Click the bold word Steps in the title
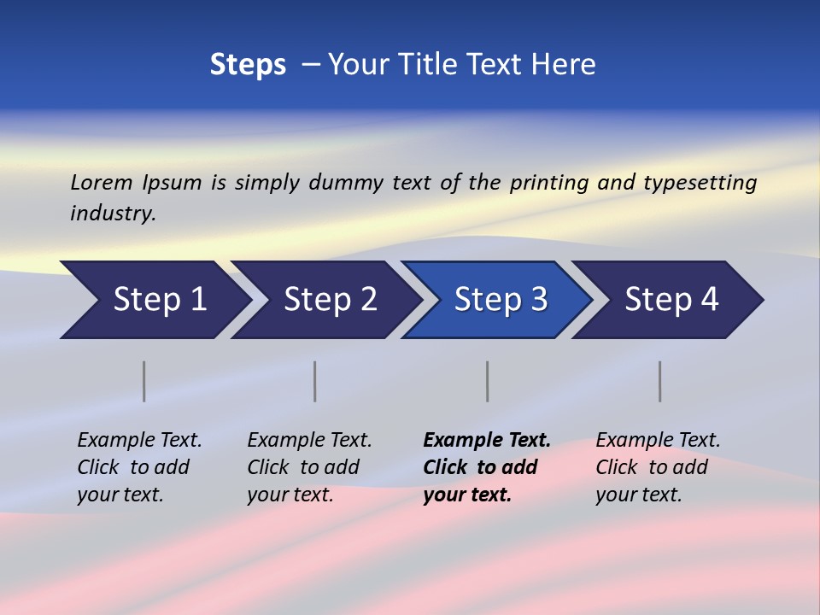coord(248,65)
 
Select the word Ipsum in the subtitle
coord(172,182)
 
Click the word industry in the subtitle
coord(112,213)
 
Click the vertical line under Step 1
coord(144,381)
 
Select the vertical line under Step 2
coord(315,381)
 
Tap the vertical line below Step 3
coord(487,381)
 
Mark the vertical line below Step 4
coord(659,381)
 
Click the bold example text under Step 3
coord(486,467)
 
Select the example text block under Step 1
coord(139,467)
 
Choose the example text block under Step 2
coord(309,467)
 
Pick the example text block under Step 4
coord(658,467)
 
